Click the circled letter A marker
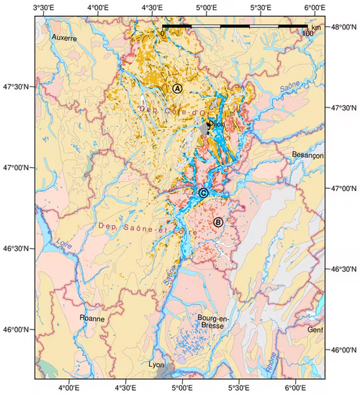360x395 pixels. tap(177, 87)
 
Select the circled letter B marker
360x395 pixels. tap(218, 222)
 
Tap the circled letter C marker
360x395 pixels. tap(203, 193)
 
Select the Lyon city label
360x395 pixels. tap(155, 365)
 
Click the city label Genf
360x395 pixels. tap(315, 330)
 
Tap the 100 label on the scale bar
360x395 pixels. tap(307, 33)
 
